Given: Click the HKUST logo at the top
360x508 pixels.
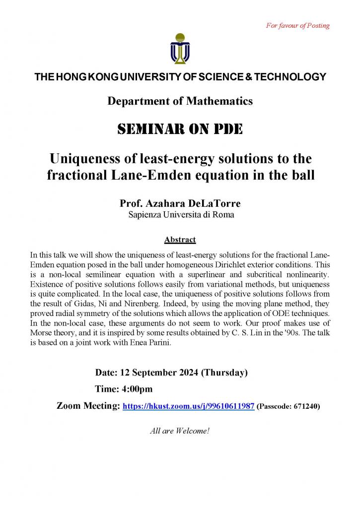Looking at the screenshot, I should (180, 48).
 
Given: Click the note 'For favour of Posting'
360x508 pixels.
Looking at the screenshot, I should (298, 25).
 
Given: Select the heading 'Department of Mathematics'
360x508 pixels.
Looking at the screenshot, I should (180, 101).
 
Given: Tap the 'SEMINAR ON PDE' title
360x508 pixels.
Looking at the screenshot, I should (180, 129).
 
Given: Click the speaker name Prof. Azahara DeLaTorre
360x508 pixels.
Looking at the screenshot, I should (180, 203).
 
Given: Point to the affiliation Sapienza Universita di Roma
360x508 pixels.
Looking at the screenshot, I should (180, 215).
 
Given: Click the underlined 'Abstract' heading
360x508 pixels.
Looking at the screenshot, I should (180, 240).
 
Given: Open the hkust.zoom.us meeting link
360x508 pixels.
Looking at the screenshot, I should (189, 406).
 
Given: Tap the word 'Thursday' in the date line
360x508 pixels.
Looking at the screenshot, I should (223, 372).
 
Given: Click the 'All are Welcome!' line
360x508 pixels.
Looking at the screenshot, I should (180, 431).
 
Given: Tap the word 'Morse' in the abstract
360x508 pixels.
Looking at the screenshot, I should (41, 330).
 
